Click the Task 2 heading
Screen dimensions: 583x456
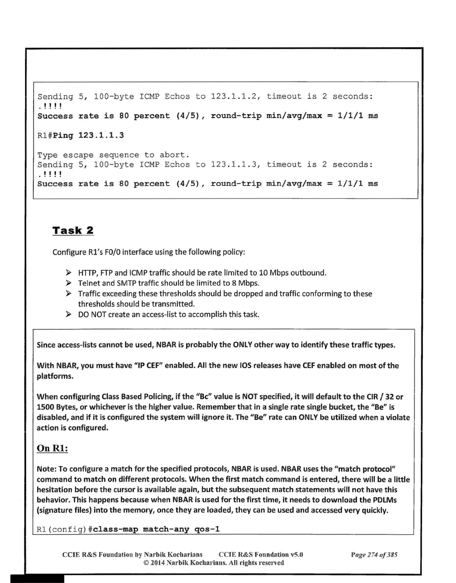click(73, 230)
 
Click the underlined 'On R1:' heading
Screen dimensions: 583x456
click(52, 448)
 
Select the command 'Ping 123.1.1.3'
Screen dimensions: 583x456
click(88, 135)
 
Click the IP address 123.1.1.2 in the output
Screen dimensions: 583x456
click(235, 97)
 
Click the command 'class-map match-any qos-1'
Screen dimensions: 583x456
click(156, 529)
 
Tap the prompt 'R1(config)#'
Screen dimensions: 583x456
click(65, 529)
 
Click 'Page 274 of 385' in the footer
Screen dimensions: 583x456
click(374, 554)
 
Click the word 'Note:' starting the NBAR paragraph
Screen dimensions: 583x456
click(46, 469)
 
